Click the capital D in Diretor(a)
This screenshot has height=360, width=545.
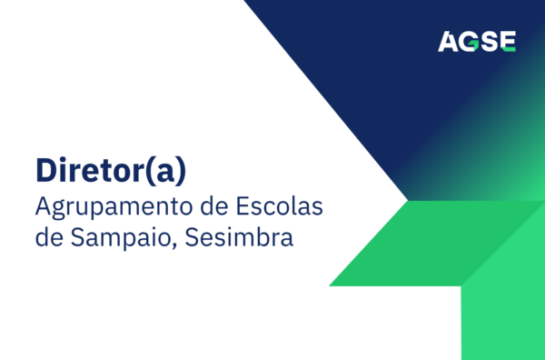[x=45, y=171]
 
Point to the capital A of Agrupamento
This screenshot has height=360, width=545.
[x=44, y=206]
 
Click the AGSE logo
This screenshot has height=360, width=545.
[x=477, y=41]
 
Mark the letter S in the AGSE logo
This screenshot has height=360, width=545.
[x=489, y=41]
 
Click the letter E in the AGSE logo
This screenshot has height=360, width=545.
[x=507, y=41]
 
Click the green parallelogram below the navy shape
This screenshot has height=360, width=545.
[x=400, y=243]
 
